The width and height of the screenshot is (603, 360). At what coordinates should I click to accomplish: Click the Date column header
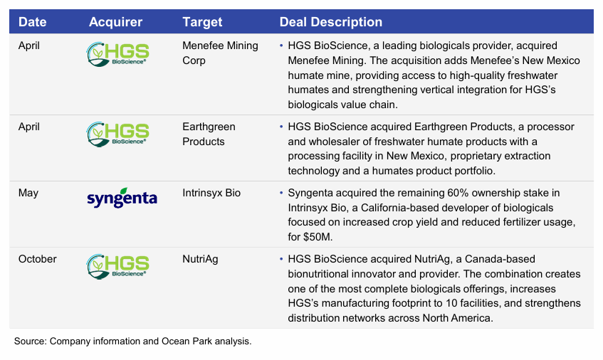[32, 22]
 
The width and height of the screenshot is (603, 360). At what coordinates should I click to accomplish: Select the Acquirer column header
[115, 22]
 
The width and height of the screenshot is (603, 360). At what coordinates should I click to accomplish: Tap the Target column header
[202, 22]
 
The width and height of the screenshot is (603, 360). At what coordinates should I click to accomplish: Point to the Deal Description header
[331, 22]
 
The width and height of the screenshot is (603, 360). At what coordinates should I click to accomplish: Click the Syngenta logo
[121, 197]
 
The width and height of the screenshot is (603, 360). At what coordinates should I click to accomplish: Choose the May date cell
[29, 193]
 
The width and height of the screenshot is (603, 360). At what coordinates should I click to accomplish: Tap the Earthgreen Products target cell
[209, 134]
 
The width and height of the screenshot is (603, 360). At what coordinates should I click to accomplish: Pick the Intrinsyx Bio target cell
[212, 193]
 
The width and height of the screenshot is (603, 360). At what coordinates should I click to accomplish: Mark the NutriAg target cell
[200, 259]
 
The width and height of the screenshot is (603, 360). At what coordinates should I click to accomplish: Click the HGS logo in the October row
[117, 265]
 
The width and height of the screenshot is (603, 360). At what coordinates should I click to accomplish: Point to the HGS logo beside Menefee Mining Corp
[117, 54]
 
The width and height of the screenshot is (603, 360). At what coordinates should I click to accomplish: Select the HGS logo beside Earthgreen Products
[117, 134]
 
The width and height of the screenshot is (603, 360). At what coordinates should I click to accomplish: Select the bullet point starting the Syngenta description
[282, 193]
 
